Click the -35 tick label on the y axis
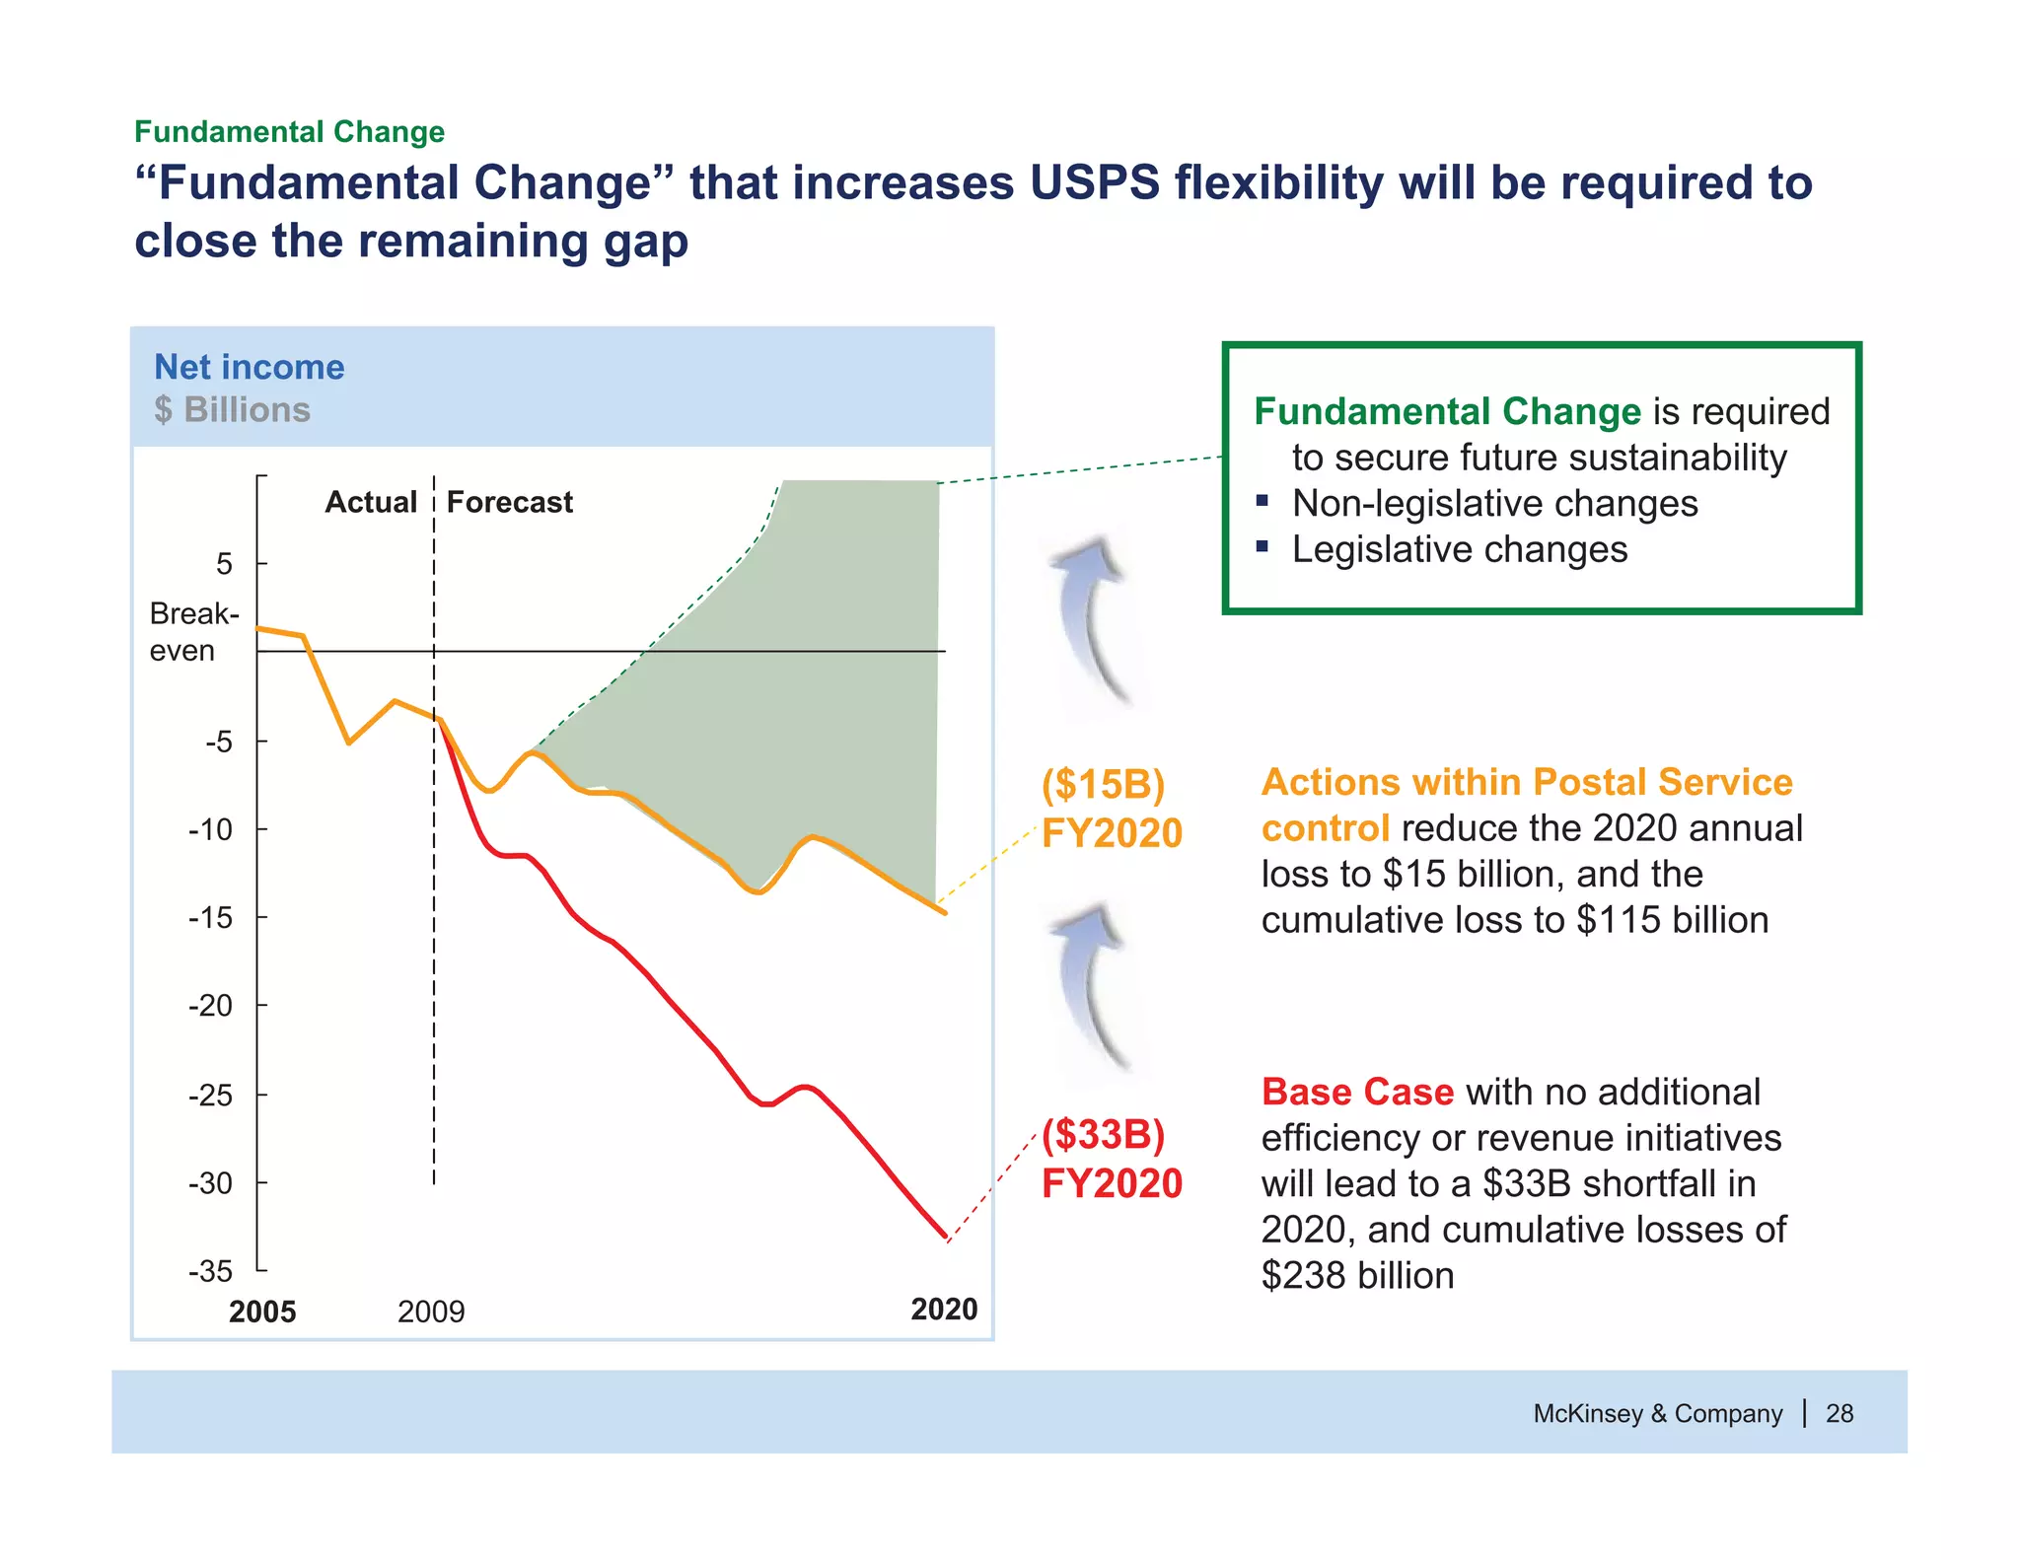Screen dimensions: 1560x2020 [210, 1271]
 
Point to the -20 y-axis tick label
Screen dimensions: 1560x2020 [210, 1006]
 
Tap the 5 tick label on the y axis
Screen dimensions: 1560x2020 [225, 564]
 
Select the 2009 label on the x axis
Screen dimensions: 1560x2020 [431, 1312]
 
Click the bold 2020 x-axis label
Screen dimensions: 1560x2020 [944, 1310]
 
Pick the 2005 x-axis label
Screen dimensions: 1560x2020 [262, 1312]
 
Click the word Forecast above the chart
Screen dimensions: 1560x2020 [509, 502]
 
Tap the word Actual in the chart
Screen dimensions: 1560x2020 [371, 502]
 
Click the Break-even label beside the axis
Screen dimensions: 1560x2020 [193, 632]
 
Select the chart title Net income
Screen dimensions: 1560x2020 [250, 367]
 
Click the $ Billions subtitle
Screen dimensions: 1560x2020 [232, 409]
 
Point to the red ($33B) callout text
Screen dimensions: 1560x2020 [1103, 1135]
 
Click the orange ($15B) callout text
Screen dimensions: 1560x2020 [1103, 785]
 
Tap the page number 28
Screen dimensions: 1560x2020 [1840, 1413]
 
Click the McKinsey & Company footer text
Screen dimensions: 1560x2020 [1657, 1413]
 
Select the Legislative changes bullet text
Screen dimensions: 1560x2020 [1460, 549]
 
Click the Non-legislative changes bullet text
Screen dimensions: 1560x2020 [1494, 503]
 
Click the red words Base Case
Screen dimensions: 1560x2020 [1357, 1092]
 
